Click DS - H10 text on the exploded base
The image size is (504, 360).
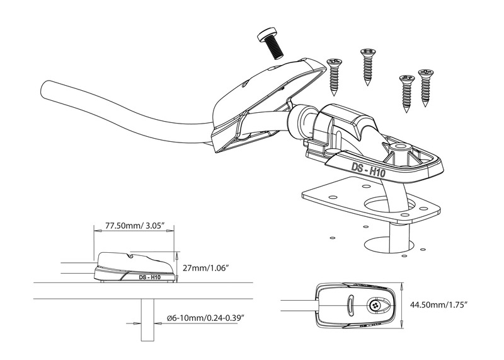(x=365, y=168)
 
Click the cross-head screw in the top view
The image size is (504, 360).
(x=375, y=306)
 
